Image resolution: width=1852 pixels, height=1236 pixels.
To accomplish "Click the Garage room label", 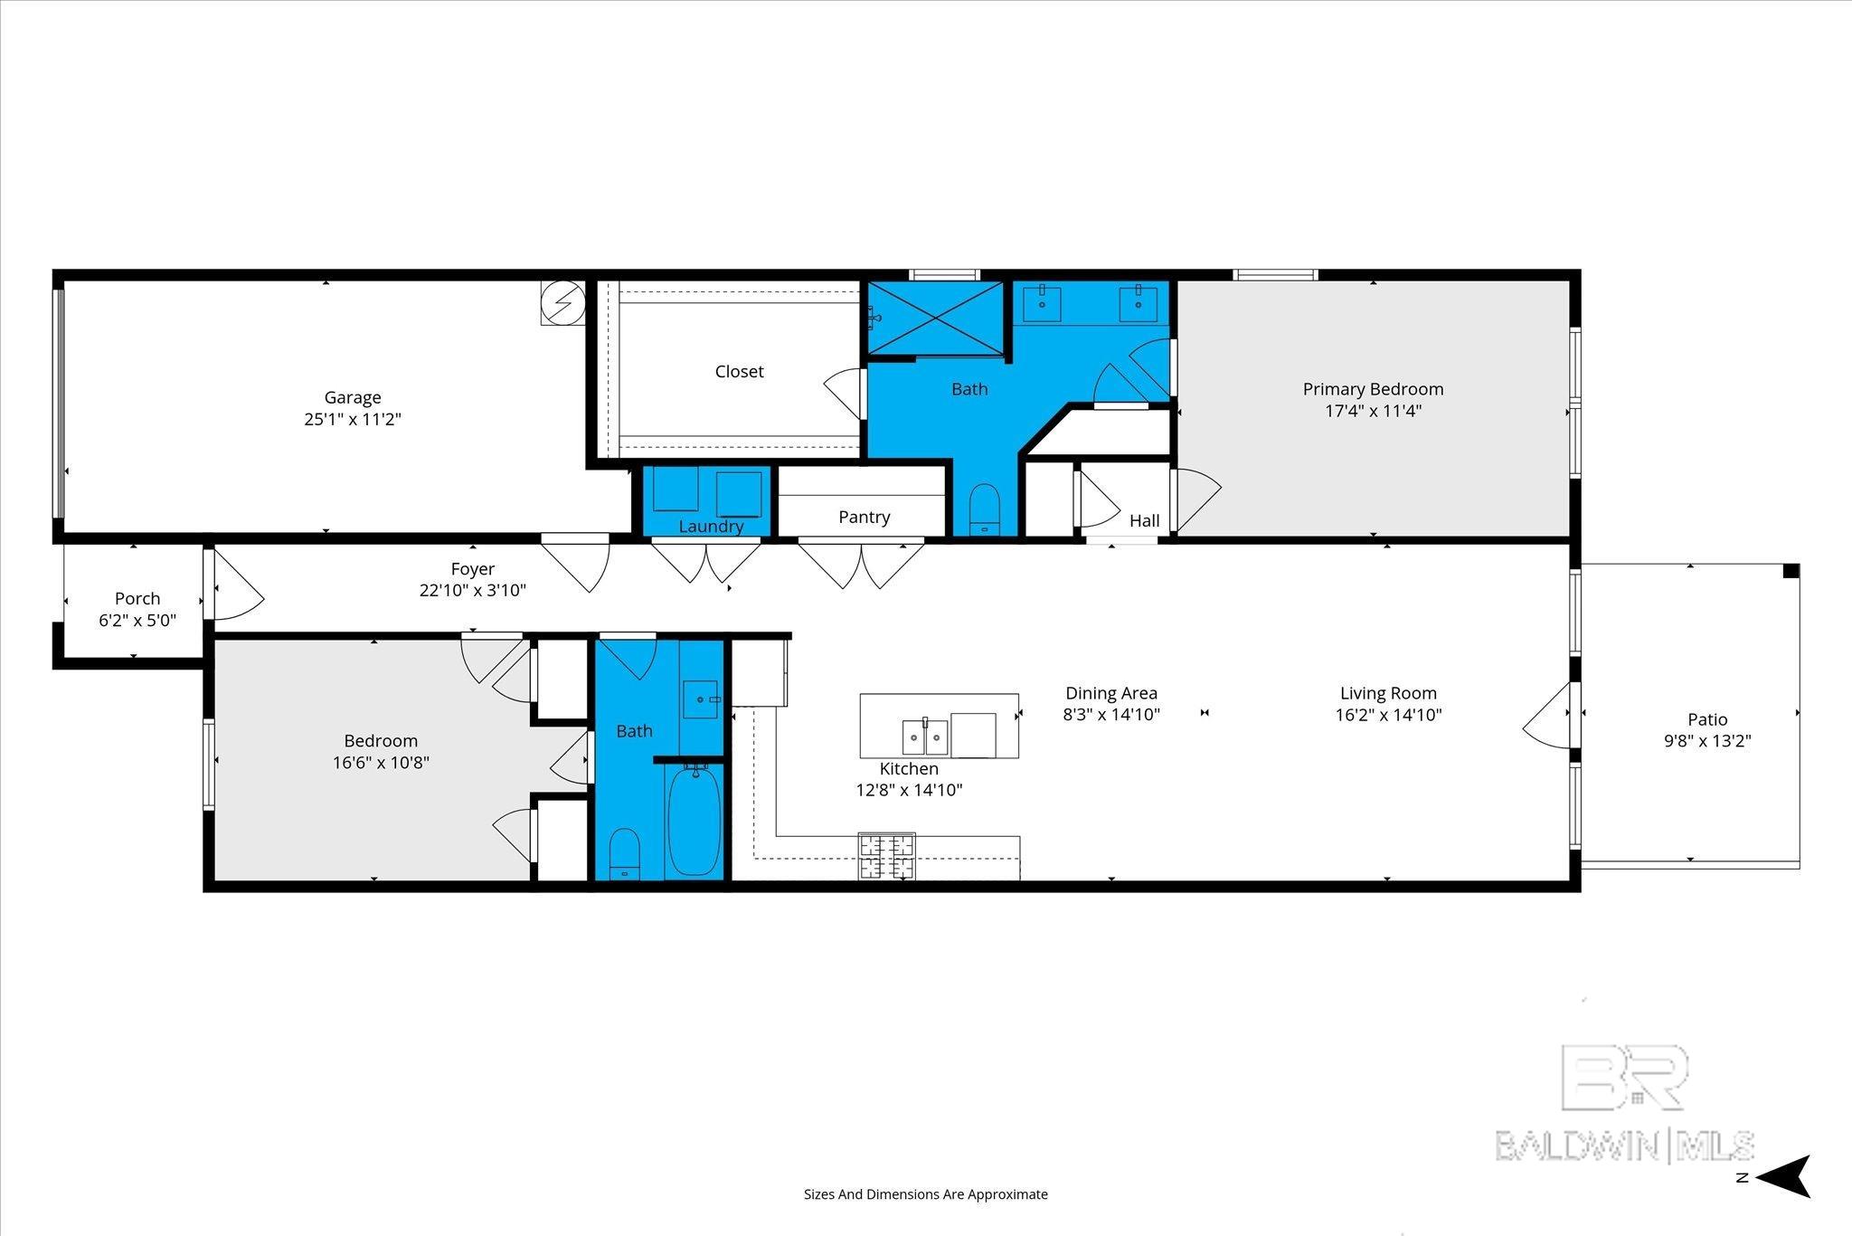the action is [x=353, y=397].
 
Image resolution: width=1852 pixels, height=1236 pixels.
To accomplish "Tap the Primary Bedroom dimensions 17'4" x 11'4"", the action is [x=1373, y=411].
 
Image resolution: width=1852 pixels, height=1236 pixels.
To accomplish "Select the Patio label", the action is [x=1707, y=719].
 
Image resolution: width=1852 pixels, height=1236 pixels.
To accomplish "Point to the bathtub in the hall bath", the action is [x=694, y=820].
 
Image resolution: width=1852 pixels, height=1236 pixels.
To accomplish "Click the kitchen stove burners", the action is [x=887, y=856].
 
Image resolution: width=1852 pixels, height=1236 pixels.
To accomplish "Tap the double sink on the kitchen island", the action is [x=925, y=737].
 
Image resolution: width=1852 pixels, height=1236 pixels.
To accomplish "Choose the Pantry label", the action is [x=865, y=517].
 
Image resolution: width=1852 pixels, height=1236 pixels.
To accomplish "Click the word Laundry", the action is [x=711, y=526].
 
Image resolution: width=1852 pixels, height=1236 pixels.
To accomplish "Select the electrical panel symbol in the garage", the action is [x=562, y=302].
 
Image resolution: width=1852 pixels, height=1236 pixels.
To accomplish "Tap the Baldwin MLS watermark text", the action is [x=1625, y=1146].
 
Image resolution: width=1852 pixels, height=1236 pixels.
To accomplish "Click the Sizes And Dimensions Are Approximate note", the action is [x=926, y=1194].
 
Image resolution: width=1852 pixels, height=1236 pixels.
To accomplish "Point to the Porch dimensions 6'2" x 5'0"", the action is [x=137, y=621].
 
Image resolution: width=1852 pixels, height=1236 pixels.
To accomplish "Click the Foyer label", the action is [x=473, y=569].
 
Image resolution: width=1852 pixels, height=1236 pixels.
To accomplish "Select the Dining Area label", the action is [x=1111, y=693].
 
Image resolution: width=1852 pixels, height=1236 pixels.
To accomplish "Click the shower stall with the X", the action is [x=936, y=318].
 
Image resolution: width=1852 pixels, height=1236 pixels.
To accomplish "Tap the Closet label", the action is [x=739, y=371].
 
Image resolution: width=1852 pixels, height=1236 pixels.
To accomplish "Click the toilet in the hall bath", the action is [x=625, y=853].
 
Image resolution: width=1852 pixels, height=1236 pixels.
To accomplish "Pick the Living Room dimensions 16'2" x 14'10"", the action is [x=1388, y=715].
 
